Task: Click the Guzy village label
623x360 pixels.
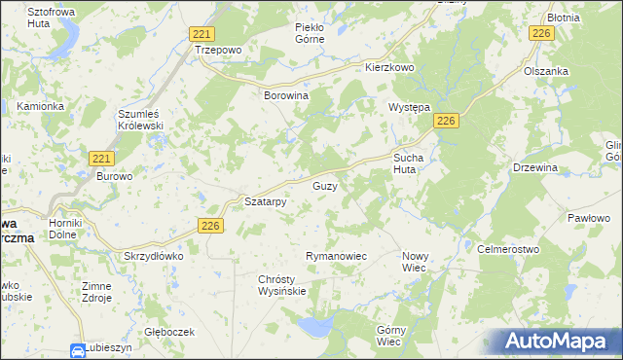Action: tap(324, 185)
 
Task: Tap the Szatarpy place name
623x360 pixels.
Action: tap(264, 202)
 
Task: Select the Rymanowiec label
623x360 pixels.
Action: tap(336, 256)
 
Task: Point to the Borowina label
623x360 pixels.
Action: tap(286, 97)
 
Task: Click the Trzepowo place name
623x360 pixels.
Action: tap(216, 50)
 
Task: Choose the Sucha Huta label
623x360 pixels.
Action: tap(411, 162)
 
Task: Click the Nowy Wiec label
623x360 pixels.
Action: tap(416, 261)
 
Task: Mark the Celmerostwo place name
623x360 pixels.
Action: tap(508, 250)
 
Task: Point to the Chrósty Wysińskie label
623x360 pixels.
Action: tap(282, 285)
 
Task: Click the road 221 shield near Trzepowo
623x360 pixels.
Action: tap(201, 33)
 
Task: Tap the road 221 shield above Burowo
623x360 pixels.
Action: tap(101, 158)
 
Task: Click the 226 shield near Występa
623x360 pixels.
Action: tap(446, 120)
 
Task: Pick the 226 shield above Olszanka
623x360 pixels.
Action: tap(542, 34)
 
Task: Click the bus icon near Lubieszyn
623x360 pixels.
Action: tap(78, 350)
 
